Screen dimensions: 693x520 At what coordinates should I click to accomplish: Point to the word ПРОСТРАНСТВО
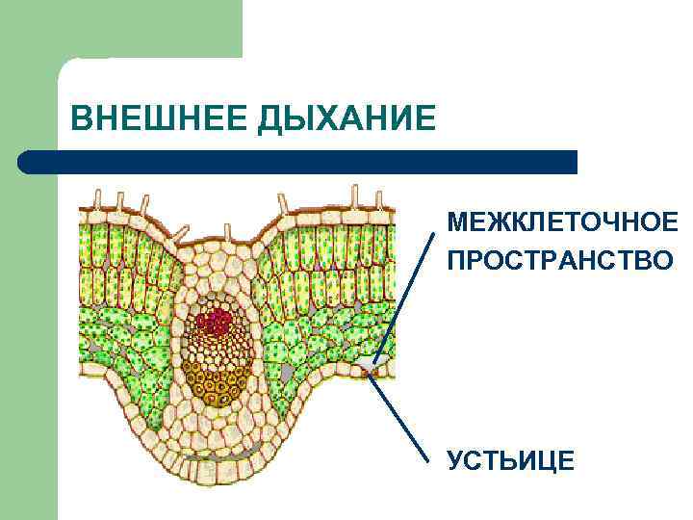561,260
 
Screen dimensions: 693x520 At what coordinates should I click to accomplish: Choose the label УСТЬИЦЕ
510,460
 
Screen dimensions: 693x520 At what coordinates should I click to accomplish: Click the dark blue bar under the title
308,162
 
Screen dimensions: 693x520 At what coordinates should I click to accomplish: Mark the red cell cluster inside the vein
213,319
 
